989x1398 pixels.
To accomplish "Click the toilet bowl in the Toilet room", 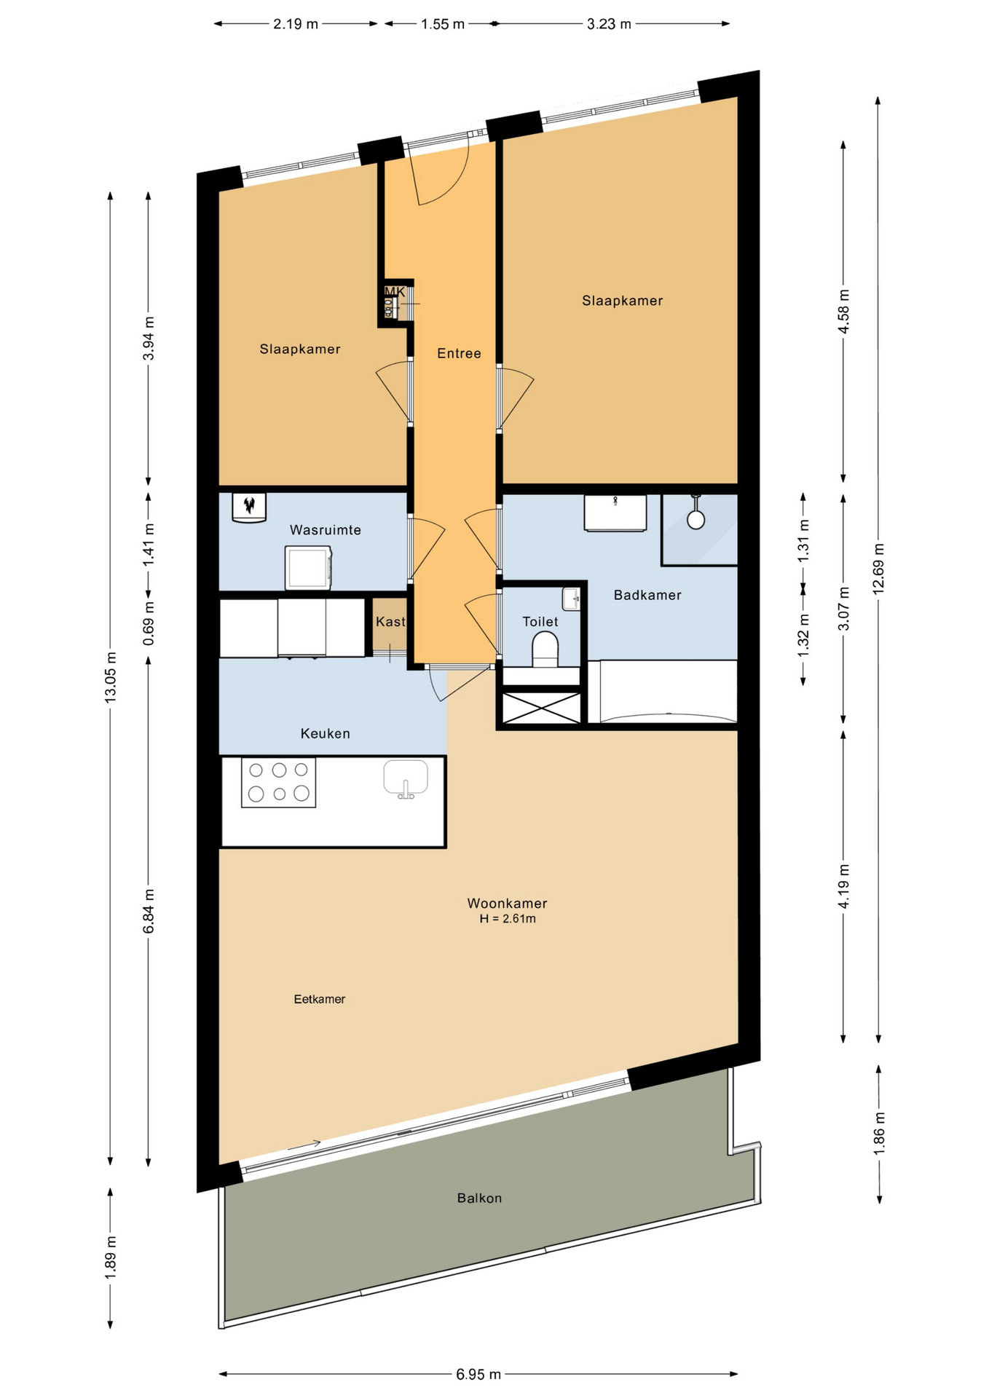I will [545, 648].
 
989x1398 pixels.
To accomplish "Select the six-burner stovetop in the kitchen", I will [278, 782].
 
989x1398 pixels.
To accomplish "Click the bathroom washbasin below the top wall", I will [615, 513].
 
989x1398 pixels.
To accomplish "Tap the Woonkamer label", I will [507, 903].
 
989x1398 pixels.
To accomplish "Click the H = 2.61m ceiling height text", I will [507, 919].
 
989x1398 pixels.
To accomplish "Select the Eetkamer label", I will [319, 999].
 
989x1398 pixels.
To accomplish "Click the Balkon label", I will [479, 1198].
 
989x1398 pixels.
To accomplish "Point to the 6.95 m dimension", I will [478, 1374].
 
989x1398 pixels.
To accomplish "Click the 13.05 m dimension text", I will [110, 677].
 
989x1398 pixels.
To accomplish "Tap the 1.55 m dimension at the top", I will [442, 24].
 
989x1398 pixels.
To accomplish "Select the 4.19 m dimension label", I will [843, 885].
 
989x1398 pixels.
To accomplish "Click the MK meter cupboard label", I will [394, 292].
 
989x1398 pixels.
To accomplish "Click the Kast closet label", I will [390, 621].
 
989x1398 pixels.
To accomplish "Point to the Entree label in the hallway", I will [459, 353].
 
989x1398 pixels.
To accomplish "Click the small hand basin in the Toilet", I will [571, 599].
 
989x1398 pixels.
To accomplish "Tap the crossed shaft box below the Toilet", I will [542, 708].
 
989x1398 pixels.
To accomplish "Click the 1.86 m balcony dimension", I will [879, 1132].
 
